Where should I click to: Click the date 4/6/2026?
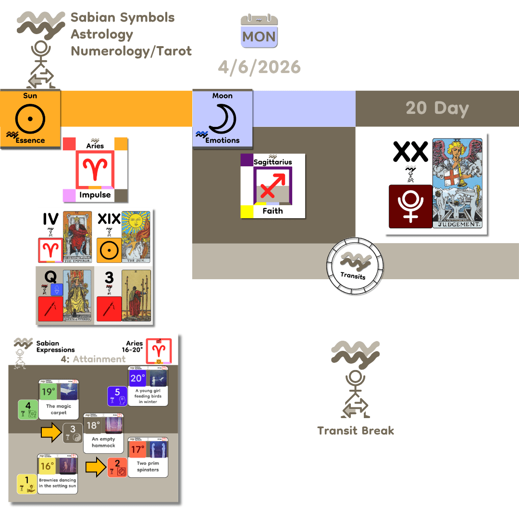click(259, 66)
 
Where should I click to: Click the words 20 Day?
click(437, 108)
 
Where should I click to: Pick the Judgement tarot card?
click(457, 183)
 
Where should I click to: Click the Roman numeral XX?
click(410, 152)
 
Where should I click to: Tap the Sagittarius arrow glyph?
click(272, 184)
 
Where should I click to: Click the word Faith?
click(272, 210)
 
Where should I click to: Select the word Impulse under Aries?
click(95, 195)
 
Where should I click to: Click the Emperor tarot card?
click(77, 237)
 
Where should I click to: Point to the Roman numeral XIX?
click(109, 219)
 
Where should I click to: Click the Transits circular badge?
click(355, 265)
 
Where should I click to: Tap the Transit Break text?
click(356, 431)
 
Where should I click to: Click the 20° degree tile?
click(137, 378)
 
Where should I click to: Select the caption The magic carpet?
click(59, 409)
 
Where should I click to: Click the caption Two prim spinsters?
click(148, 467)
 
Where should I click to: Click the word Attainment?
click(99, 359)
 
